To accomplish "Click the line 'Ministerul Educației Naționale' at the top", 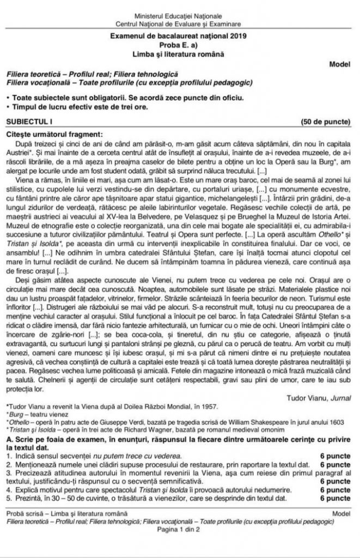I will pos(179,17).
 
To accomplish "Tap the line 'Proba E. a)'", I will pos(179,46).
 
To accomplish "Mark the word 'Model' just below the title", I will pos(340,64).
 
